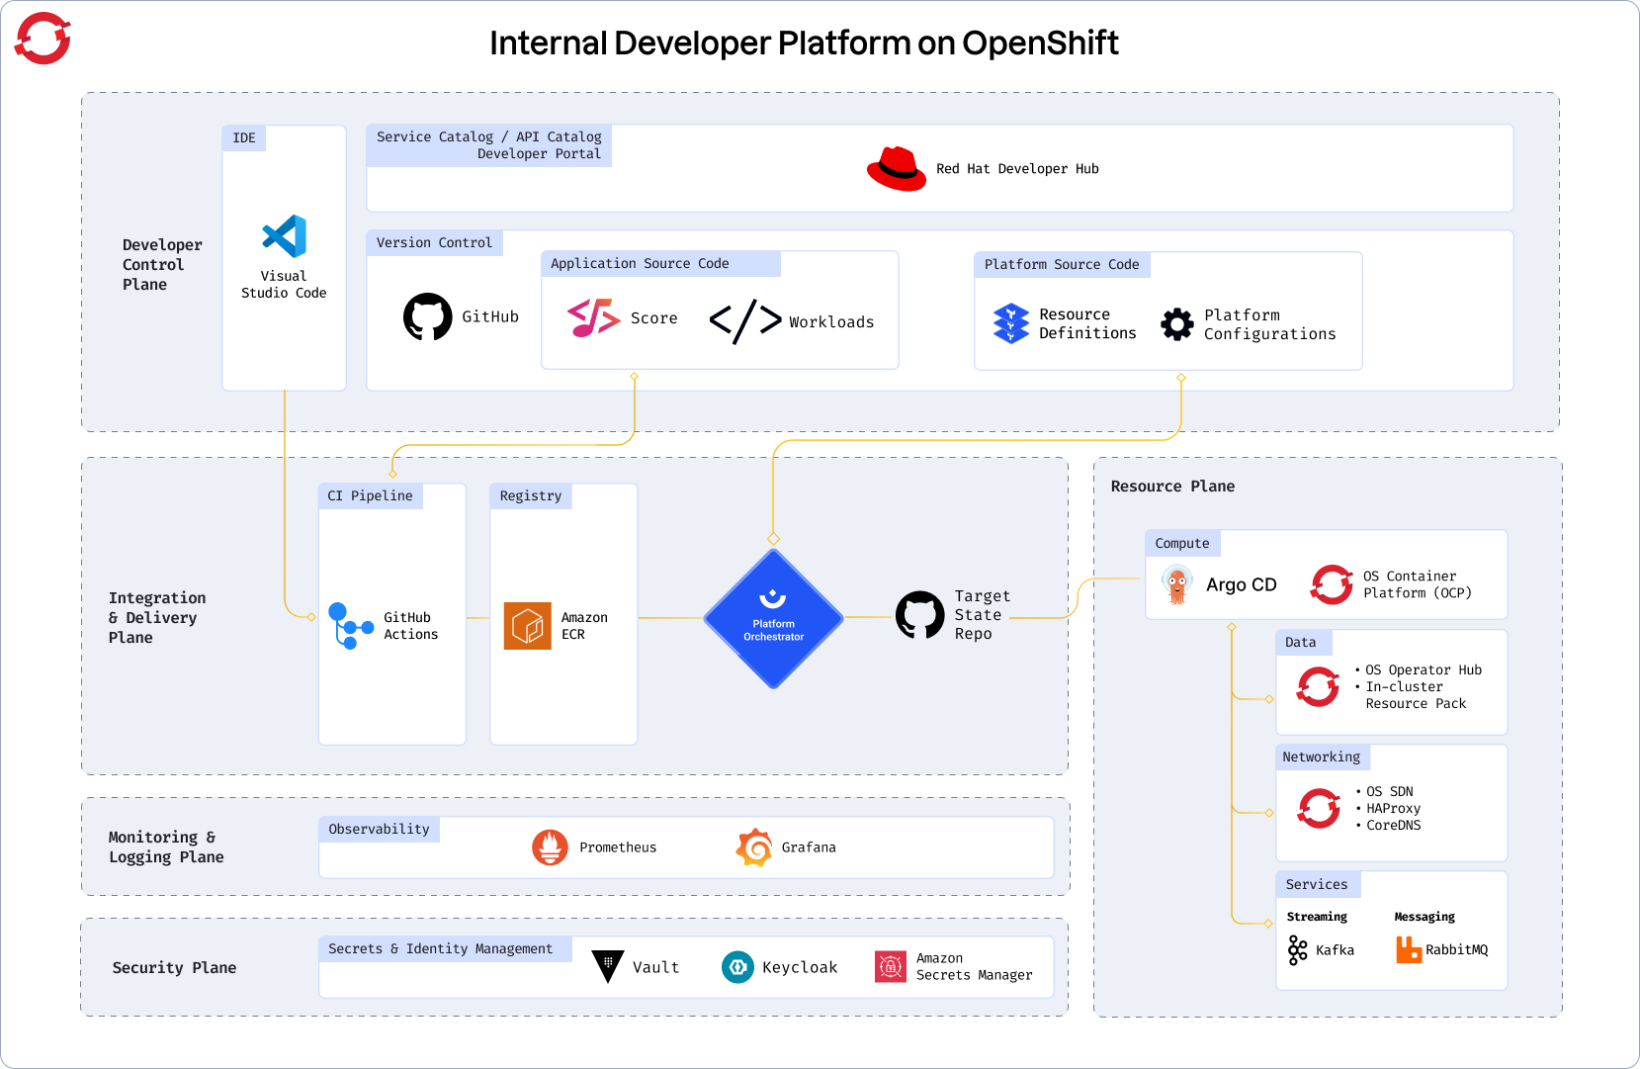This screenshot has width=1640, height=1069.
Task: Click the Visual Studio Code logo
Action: coord(285,236)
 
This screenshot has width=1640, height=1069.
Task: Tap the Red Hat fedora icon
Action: coord(896,169)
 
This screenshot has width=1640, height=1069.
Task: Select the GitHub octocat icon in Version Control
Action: coord(427,316)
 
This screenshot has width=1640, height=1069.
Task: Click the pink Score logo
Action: coord(593,317)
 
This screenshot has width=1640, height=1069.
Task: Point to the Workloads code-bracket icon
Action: coord(745,321)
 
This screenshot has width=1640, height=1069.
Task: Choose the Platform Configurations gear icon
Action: coord(1176,323)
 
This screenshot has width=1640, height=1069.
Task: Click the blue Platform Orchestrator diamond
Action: coord(773,618)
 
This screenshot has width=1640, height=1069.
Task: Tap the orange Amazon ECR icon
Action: coord(527,625)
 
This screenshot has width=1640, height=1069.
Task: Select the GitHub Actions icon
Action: coord(349,625)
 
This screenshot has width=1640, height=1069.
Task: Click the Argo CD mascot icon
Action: coord(1176,584)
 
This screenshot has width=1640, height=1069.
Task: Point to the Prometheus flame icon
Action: coord(550,847)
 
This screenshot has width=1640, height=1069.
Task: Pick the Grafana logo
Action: coord(754,847)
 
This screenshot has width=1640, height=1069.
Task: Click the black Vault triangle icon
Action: coord(607,966)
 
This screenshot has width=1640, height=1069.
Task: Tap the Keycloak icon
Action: coord(737,967)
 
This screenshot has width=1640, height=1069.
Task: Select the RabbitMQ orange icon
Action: coord(1408,949)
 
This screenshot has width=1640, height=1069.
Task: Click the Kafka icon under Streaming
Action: coord(1297,950)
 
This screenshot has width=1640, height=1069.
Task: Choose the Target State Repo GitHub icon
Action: coord(919,615)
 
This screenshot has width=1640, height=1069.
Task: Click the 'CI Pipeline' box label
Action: coord(370,495)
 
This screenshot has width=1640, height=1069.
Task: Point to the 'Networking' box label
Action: coord(1321,757)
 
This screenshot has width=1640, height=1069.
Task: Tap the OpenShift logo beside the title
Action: coord(43,39)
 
